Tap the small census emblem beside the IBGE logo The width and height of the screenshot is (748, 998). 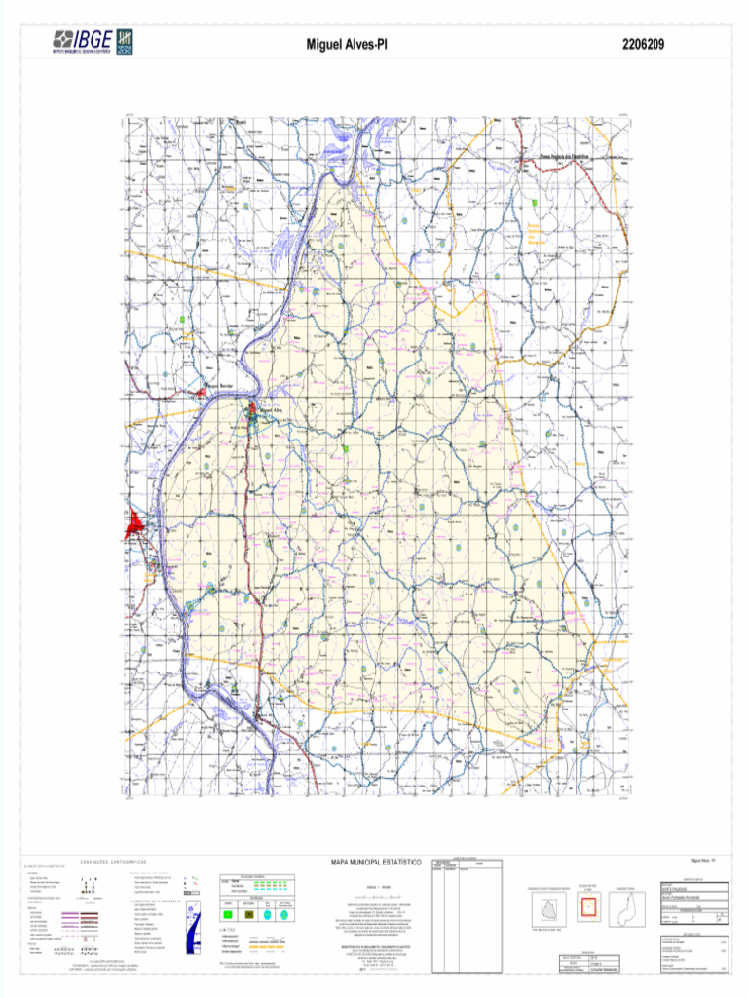pos(125,41)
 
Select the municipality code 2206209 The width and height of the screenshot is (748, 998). pos(642,44)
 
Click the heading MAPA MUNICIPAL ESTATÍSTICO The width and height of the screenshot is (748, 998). pos(375,863)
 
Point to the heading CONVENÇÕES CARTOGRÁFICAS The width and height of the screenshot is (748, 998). pos(106,862)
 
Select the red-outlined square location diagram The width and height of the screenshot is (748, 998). pos(588,908)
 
